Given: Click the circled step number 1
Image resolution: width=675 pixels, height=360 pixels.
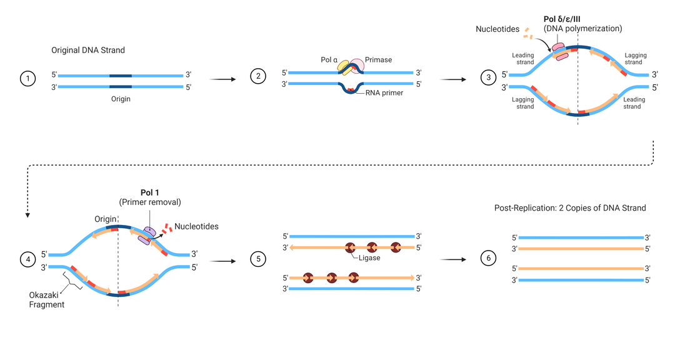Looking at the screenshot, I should (x=27, y=79).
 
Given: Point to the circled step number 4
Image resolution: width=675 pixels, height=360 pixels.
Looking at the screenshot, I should (x=27, y=259).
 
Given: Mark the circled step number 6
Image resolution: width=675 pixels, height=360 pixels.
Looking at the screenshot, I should (x=489, y=258).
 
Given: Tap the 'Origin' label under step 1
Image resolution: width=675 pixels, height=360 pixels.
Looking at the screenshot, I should (x=121, y=99).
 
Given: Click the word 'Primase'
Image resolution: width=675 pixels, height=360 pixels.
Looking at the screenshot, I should (x=378, y=59).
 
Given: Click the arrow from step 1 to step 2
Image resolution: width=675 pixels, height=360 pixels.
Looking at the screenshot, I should (x=222, y=79).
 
